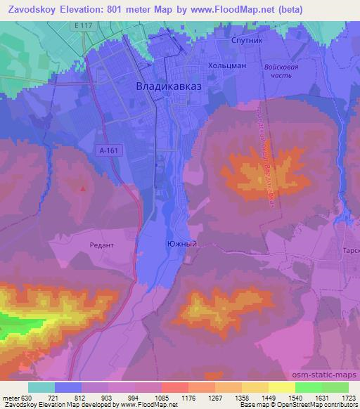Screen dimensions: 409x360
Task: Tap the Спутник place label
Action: pyautogui.click(x=247, y=41)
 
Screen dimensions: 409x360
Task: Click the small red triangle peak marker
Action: pyautogui.click(x=83, y=188)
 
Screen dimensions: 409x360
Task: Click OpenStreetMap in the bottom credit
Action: pyautogui.click(x=319, y=405)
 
